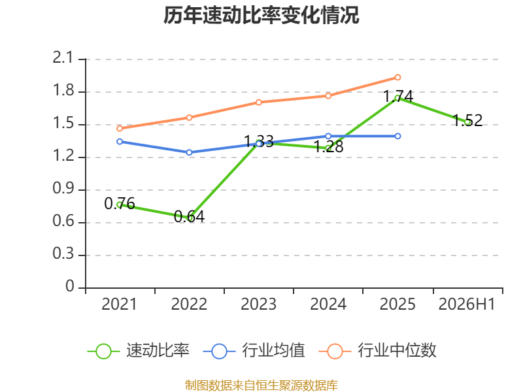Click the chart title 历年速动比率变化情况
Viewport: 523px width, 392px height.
261,15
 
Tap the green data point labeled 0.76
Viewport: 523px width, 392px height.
120,205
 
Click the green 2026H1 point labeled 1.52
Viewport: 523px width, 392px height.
467,122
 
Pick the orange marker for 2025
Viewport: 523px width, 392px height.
397,77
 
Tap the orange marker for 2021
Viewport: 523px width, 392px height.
120,129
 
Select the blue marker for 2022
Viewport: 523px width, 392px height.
189,152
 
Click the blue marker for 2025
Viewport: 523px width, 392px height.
397,136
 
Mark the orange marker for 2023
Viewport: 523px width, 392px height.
258,103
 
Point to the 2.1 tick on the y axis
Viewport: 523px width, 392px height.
62,58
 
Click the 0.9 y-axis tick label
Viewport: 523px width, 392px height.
63,189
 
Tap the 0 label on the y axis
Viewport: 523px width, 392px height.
70,286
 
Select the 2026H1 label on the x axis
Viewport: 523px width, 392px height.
467,304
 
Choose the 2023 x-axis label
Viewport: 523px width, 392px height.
258,304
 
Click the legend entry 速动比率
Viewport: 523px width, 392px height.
139,351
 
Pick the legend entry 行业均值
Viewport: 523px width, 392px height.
254,351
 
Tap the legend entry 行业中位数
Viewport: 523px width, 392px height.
378,351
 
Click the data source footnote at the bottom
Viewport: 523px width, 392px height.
261,385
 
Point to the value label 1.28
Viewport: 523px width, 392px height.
329,146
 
